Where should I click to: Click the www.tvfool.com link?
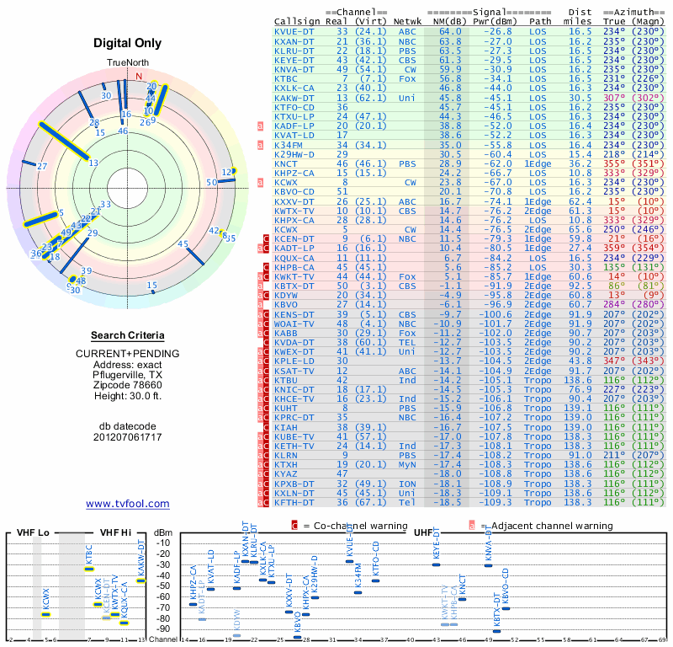(x=127, y=504)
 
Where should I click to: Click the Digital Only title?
(x=127, y=43)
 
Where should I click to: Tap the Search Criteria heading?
(x=127, y=334)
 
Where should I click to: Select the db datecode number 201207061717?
(x=127, y=437)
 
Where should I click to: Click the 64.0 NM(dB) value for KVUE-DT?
(x=450, y=31)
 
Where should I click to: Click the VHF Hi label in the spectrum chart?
(x=115, y=533)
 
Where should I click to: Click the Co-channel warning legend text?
(x=358, y=526)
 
